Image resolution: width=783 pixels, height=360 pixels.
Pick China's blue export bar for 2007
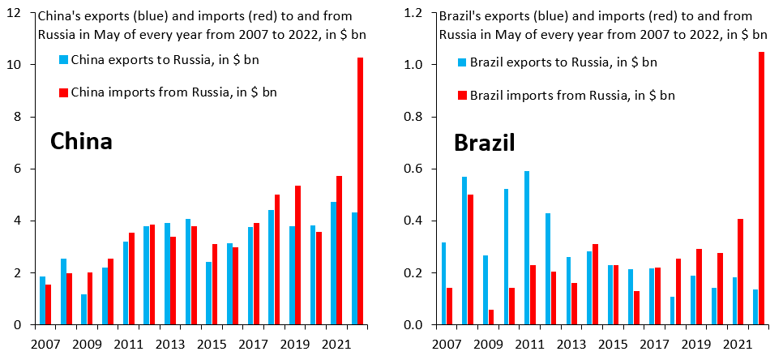tap(42, 301)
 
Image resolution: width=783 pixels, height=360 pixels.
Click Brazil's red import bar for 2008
tap(471, 259)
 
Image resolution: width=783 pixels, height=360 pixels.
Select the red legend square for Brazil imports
tap(463, 96)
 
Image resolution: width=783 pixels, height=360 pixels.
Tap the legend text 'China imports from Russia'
tap(174, 92)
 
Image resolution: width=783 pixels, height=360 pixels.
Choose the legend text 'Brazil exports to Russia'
tap(563, 62)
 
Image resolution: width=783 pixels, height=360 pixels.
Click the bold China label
tap(81, 142)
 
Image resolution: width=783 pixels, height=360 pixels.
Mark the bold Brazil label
tap(484, 144)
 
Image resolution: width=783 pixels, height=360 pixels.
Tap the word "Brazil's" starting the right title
tap(460, 15)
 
